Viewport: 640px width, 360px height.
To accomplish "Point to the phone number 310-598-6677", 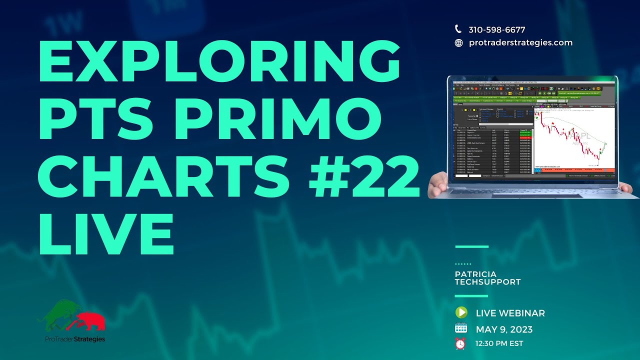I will coord(496,30).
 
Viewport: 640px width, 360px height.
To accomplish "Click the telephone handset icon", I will coord(458,29).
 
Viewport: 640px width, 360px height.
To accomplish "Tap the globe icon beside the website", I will coord(458,43).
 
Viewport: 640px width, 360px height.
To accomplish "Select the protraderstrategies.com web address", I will coord(520,43).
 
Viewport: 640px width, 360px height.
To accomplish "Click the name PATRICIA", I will coord(475,274).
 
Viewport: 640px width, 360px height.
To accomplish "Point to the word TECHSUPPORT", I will coord(487,282).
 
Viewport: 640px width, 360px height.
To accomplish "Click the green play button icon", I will coord(460,313).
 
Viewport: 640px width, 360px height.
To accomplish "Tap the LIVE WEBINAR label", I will coord(510,313).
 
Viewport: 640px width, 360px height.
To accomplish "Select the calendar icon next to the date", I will coord(460,329).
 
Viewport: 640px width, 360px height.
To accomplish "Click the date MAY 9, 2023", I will coord(504,329).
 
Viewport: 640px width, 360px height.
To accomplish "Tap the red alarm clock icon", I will coord(460,344).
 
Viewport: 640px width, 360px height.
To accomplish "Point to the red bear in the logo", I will coord(90,320).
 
